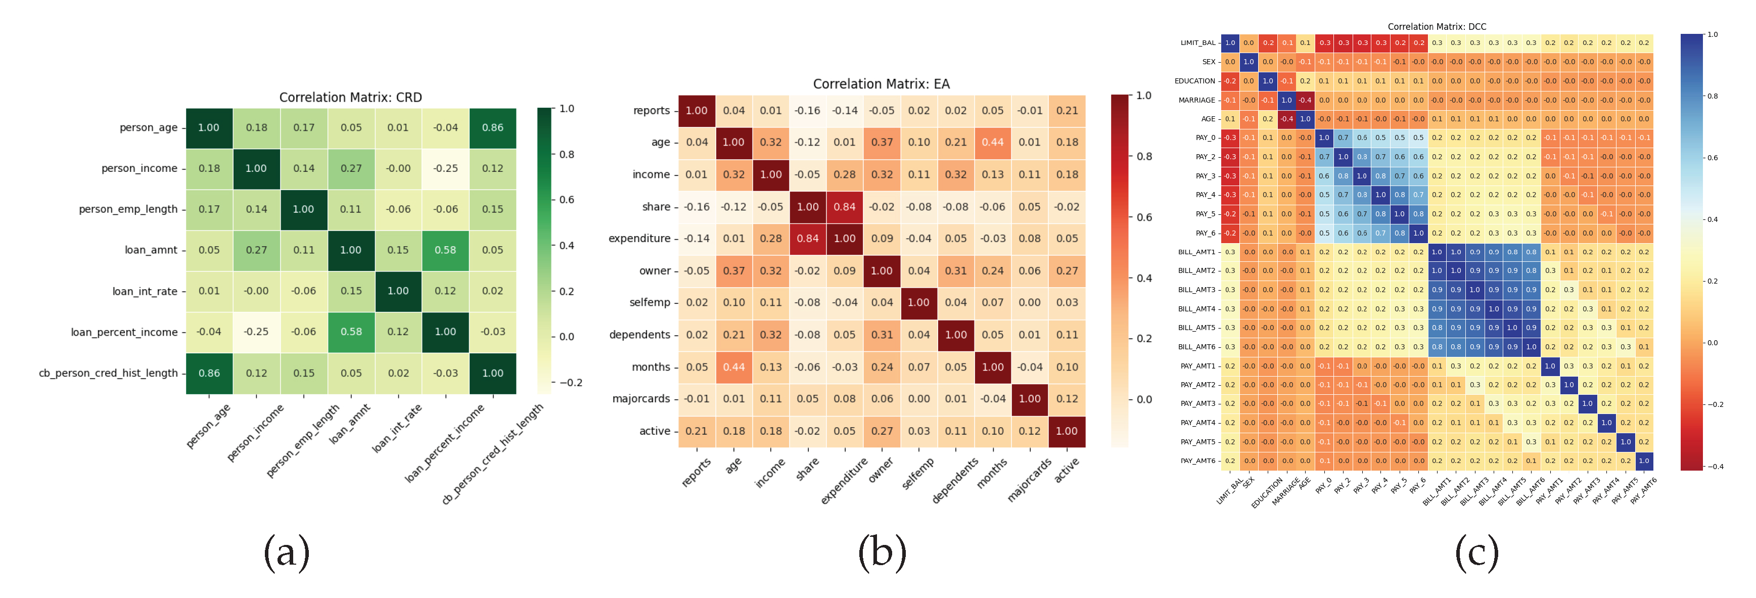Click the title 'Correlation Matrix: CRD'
tap(350, 98)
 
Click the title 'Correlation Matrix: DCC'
tap(1437, 27)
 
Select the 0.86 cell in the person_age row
tap(492, 127)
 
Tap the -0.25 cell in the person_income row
tap(445, 168)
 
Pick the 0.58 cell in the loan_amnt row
tap(445, 250)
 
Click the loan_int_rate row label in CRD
tap(145, 291)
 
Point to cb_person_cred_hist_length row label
tap(108, 373)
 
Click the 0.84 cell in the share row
tap(845, 207)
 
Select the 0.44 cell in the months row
tap(733, 367)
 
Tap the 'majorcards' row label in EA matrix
tap(641, 399)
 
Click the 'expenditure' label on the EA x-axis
tap(844, 481)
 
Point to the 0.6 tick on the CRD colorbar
tap(567, 200)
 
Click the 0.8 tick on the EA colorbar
tap(1144, 156)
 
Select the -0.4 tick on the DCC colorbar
tap(1715, 467)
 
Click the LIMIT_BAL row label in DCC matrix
tap(1197, 43)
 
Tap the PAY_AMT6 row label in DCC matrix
tap(1197, 461)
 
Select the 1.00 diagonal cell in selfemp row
tap(918, 303)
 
